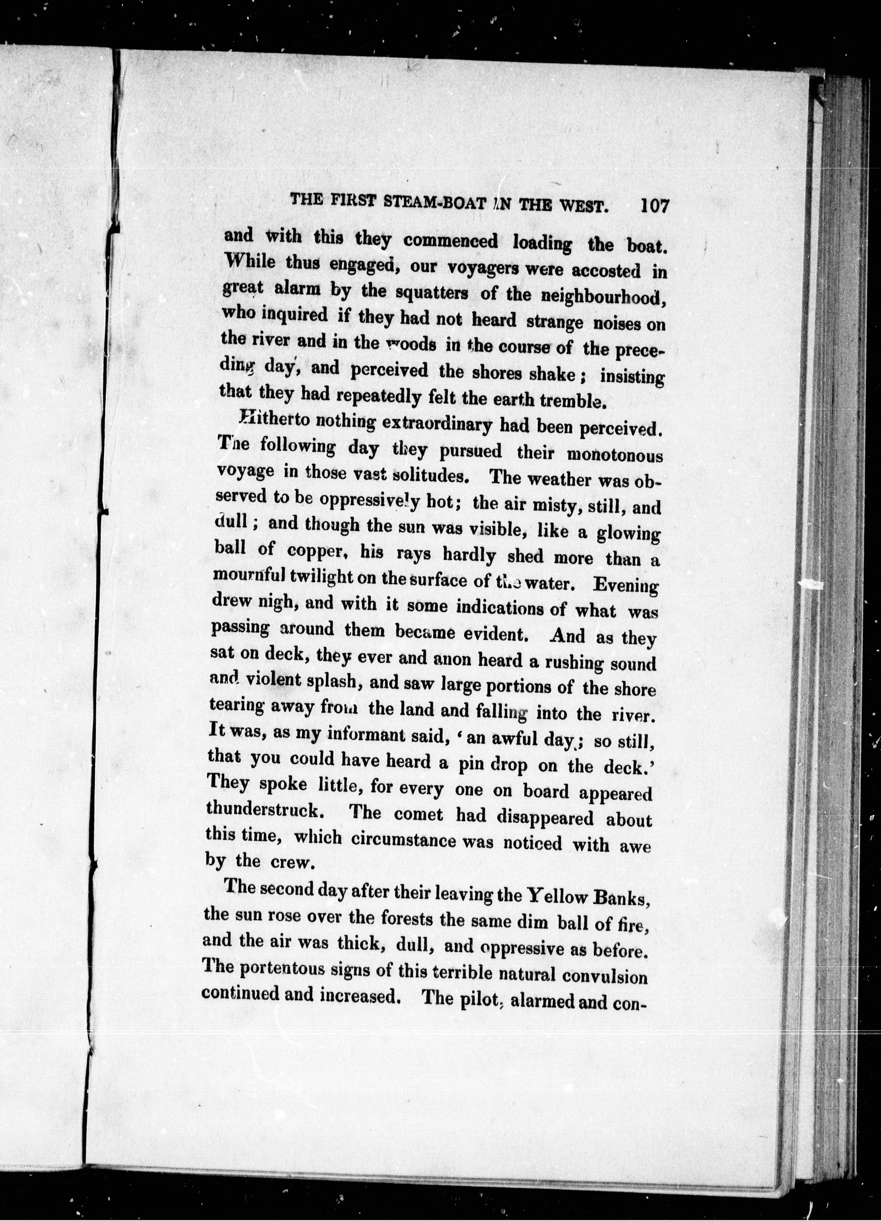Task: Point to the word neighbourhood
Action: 600,298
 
